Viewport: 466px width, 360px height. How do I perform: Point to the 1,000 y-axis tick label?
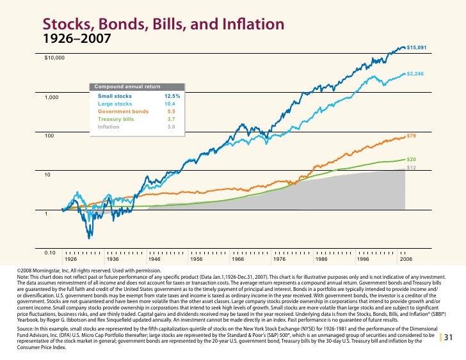pyautogui.click(x=52, y=97)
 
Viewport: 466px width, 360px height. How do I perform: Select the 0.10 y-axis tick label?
pyautogui.click(x=51, y=253)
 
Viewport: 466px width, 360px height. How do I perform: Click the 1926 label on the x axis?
pyautogui.click(x=71, y=260)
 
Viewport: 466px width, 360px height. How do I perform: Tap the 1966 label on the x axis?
pyautogui.click(x=238, y=260)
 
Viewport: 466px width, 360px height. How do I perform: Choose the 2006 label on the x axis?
pyautogui.click(x=405, y=260)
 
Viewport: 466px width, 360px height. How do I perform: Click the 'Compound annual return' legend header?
pyautogui.click(x=127, y=86)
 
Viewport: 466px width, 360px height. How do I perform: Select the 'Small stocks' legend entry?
pyautogui.click(x=115, y=96)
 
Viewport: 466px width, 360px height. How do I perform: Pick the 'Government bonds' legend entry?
pyautogui.click(x=123, y=111)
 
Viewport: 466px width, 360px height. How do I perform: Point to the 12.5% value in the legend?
pyautogui.click(x=172, y=96)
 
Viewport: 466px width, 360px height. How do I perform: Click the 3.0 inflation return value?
pyautogui.click(x=171, y=127)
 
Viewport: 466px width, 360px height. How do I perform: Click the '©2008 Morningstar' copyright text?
pyautogui.click(x=77, y=271)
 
